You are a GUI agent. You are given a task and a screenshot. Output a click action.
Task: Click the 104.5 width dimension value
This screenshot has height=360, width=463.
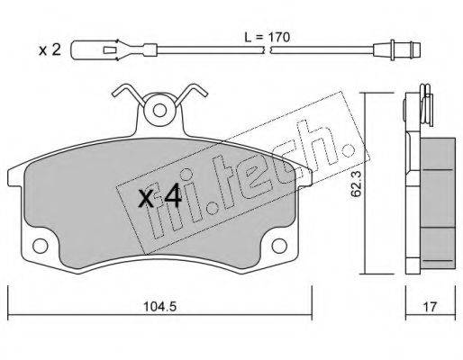[x=159, y=307]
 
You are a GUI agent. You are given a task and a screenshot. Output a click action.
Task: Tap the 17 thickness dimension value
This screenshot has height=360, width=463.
[x=430, y=307]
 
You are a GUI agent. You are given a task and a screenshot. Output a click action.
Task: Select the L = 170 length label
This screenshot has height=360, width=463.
[x=267, y=38]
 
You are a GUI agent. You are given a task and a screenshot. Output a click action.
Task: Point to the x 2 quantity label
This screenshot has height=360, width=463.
[x=50, y=50]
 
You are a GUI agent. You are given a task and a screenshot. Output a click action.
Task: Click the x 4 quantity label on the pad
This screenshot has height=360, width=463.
[x=160, y=196]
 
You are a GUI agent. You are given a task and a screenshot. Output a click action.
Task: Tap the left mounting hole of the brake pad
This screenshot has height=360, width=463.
[x=40, y=246]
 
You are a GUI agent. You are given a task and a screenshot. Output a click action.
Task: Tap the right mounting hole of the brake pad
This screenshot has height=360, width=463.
[x=279, y=246]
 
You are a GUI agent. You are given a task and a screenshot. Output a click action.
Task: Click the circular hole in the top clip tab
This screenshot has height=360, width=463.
[x=159, y=111]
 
